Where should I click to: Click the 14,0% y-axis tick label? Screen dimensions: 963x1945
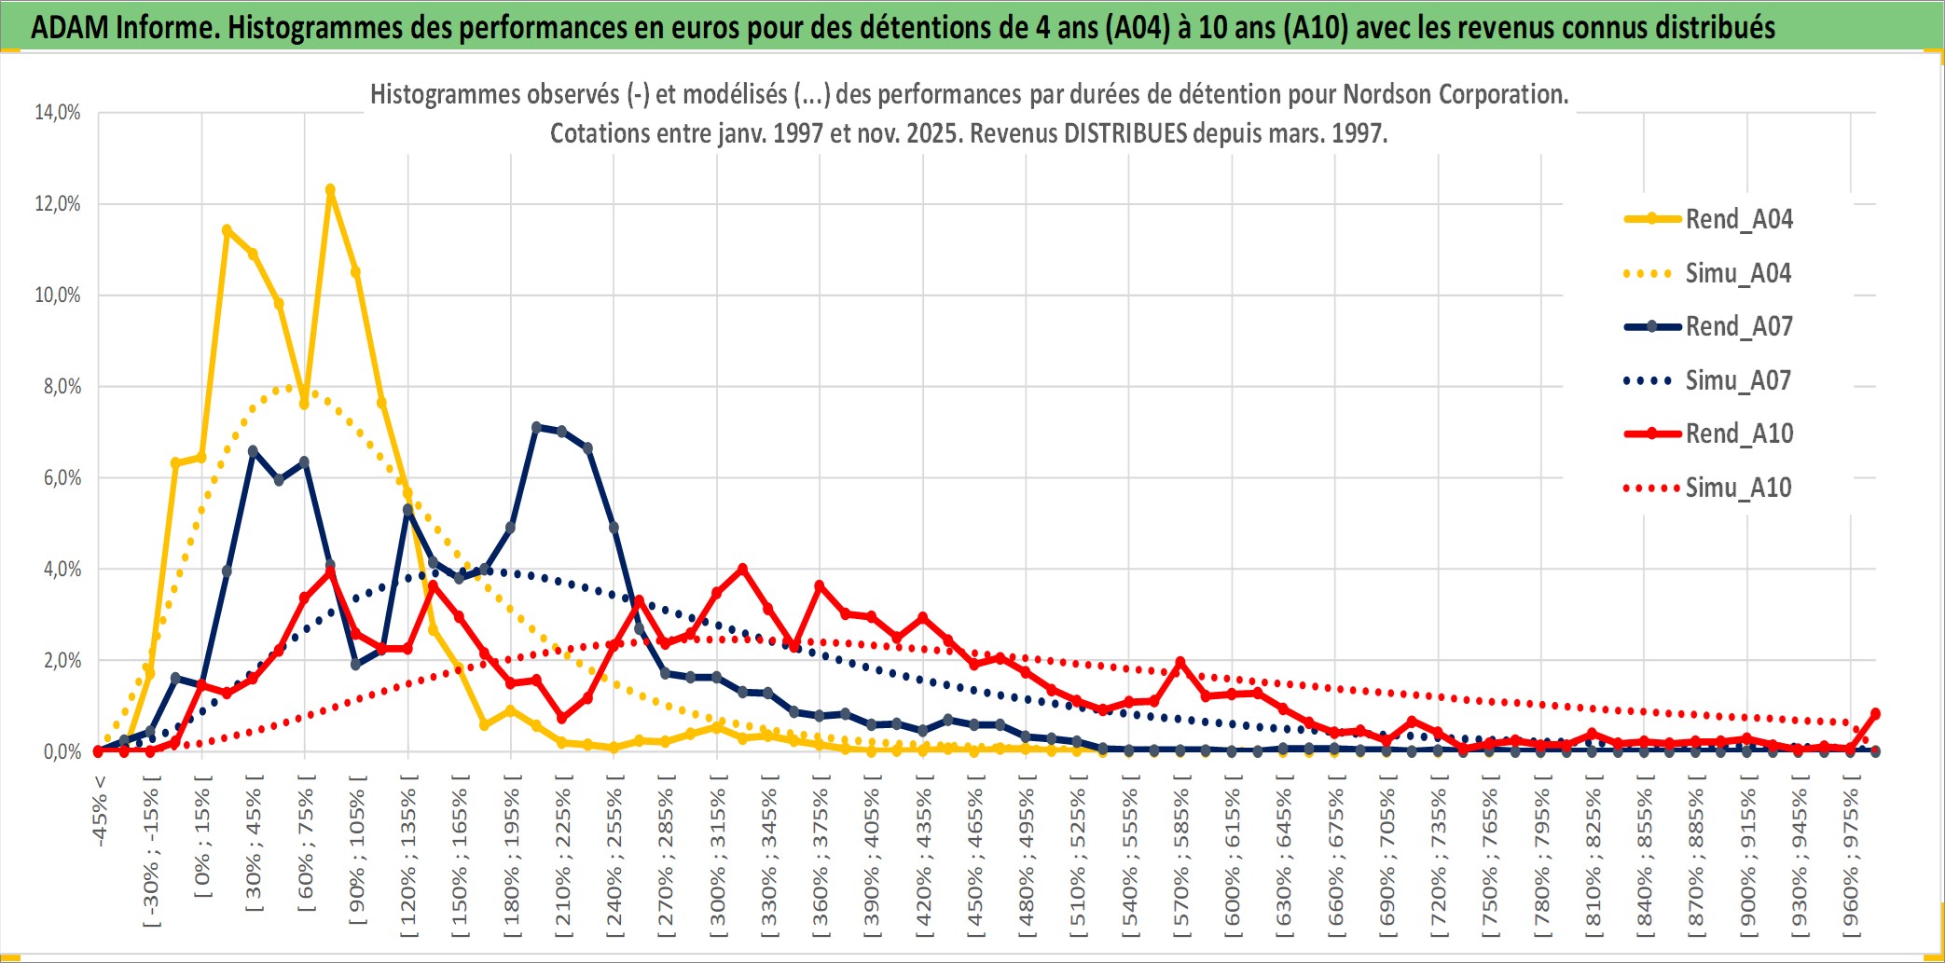point(58,113)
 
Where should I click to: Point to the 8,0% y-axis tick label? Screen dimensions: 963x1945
point(62,387)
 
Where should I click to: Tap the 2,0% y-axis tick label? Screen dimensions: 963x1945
point(62,661)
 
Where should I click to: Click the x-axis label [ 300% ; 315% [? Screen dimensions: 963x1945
point(717,858)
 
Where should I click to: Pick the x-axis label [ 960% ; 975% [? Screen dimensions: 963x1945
point(1851,858)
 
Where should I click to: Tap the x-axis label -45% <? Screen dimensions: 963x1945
point(100,810)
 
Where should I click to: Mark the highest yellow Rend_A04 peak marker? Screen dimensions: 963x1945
point(330,189)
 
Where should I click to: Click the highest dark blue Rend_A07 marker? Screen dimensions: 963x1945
point(536,427)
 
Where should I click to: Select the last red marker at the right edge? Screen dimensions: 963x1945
point(1875,713)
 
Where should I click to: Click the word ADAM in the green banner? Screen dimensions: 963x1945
point(71,27)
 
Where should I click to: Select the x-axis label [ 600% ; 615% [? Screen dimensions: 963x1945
point(1233,858)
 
